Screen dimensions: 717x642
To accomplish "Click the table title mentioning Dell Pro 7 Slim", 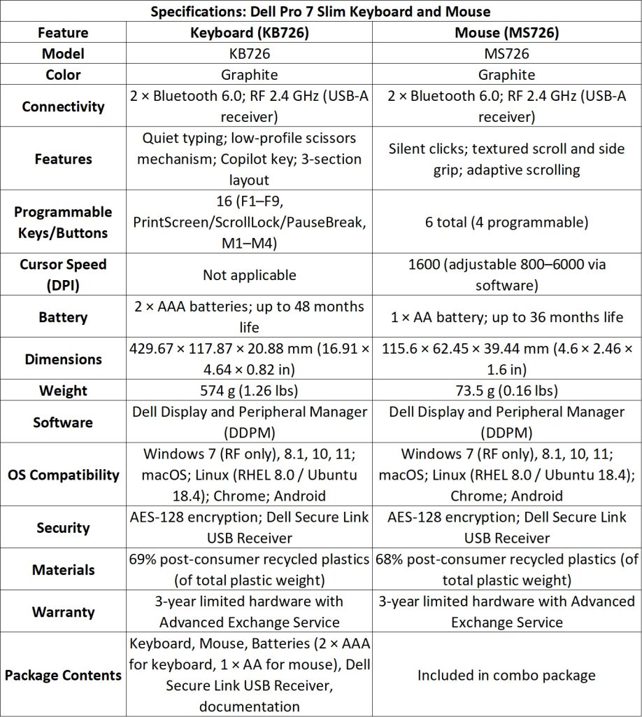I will pos(320,11).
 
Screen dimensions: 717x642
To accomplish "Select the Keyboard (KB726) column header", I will pos(250,32).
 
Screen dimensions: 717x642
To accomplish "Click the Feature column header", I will pos(63,32).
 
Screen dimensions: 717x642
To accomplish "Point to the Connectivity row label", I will pos(63,106).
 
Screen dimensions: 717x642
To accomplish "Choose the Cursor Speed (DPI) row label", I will pos(63,275).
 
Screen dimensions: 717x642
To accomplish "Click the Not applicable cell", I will pos(250,275).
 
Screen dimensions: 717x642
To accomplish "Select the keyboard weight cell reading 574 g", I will pos(250,391).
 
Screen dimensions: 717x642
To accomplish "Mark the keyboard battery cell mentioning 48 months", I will pos(250,317).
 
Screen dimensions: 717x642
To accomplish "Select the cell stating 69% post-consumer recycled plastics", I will pos(250,569).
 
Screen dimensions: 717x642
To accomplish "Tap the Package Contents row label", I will pos(63,675).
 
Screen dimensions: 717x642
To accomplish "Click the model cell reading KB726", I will pos(250,54).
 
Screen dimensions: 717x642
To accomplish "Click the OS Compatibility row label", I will pos(63,475).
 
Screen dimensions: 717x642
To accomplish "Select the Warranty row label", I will pos(63,611).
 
